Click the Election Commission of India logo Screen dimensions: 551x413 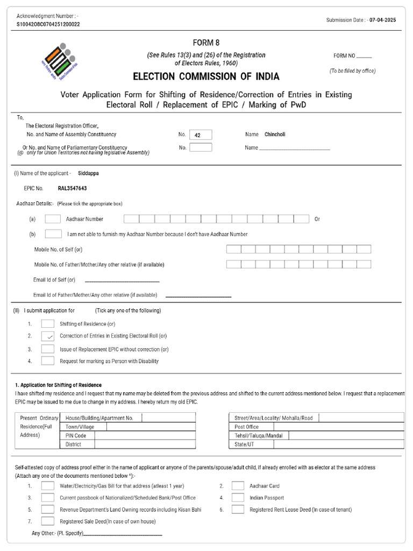58,61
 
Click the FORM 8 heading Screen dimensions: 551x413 206,43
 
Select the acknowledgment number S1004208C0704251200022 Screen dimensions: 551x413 48,25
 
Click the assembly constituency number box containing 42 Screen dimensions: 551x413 201,135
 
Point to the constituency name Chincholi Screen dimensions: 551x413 275,135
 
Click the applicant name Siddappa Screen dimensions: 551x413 89,173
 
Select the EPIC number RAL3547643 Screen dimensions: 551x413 72,189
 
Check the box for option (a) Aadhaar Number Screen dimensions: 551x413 53,219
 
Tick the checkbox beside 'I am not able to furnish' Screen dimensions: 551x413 53,234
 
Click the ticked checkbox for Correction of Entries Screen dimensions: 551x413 48,336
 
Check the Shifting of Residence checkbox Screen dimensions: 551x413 48,324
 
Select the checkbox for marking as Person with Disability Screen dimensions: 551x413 48,361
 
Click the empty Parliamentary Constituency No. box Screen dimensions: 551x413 201,147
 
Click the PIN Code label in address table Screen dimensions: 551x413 76,435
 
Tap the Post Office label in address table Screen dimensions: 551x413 246,427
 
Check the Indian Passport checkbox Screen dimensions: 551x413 238,498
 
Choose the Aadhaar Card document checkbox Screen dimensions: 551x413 238,485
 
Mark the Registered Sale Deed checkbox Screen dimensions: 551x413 48,521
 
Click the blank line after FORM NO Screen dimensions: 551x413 364,56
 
